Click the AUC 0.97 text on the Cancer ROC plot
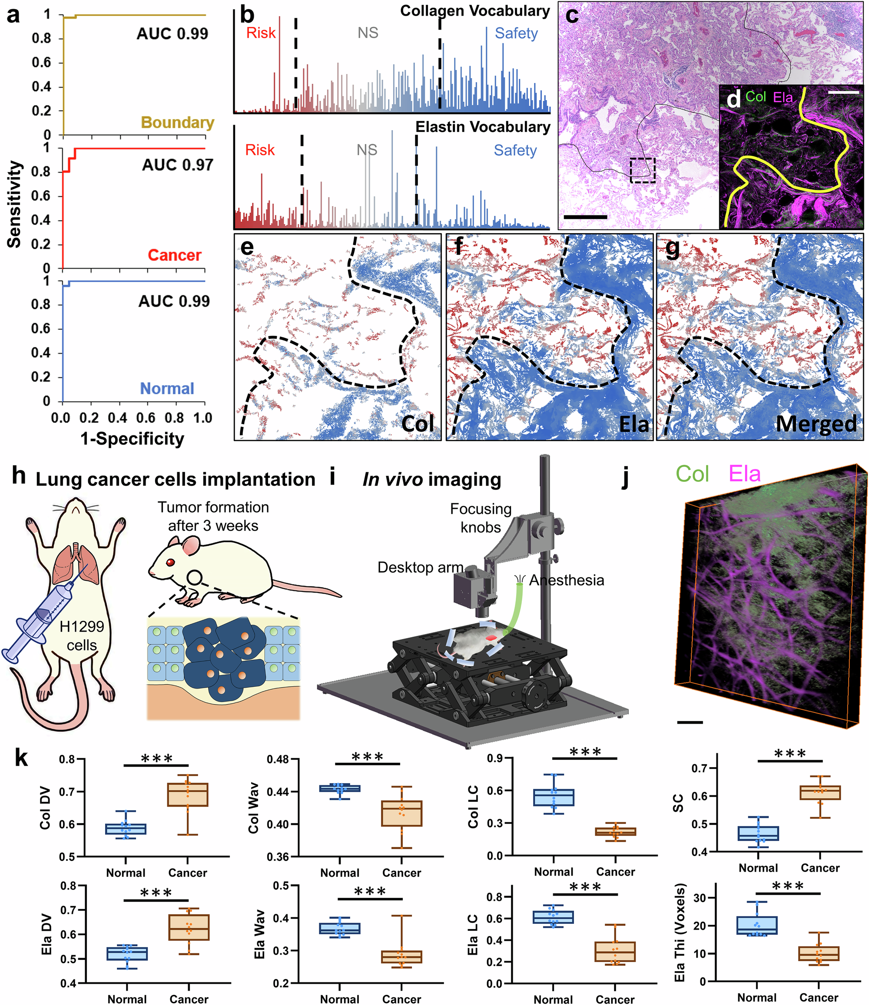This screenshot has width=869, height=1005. coord(177,165)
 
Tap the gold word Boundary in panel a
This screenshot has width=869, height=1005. coord(177,123)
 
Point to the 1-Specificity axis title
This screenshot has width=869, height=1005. coord(132,438)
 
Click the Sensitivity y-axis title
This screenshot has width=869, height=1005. coord(15,204)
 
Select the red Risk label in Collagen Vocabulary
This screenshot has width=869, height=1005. coord(261,33)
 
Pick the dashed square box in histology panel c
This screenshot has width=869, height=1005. coord(642,170)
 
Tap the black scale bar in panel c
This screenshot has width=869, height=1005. coord(585,217)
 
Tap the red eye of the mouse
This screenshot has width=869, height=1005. coord(170,562)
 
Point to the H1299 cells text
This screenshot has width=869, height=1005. coord(82,636)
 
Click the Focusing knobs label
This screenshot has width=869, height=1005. coord(481,518)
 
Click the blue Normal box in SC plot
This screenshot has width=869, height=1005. coord(758,833)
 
